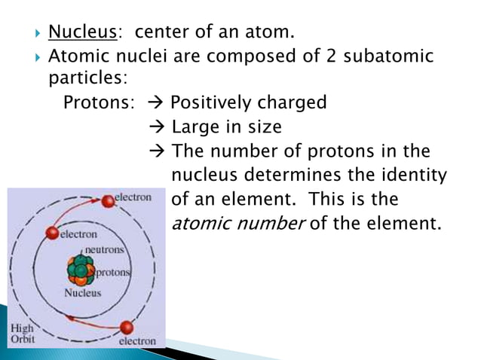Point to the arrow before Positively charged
click(158, 103)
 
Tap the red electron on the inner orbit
click(52, 233)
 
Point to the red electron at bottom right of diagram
click(126, 328)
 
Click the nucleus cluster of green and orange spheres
click(79, 270)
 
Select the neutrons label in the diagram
click(104, 249)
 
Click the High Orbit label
click(21, 334)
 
